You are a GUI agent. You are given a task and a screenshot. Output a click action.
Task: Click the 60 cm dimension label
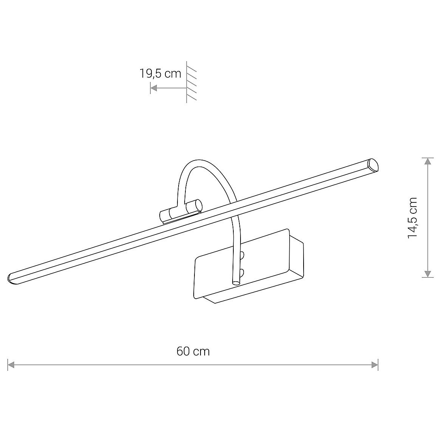tap(193, 351)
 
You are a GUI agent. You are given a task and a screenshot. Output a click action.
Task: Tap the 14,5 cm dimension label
tap(412, 217)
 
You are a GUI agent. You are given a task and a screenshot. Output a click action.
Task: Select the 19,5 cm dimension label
tap(160, 74)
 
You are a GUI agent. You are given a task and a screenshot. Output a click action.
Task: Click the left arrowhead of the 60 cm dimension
tap(11, 365)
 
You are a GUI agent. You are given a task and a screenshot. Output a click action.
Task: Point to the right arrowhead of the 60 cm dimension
tap(375, 365)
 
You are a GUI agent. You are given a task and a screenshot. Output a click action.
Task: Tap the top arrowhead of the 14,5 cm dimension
tap(427, 162)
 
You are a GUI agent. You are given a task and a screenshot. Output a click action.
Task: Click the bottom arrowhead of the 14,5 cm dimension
tap(427, 274)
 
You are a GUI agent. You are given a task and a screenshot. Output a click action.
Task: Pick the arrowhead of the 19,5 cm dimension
tap(154, 88)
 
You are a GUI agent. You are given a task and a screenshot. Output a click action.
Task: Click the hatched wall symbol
tap(191, 82)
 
